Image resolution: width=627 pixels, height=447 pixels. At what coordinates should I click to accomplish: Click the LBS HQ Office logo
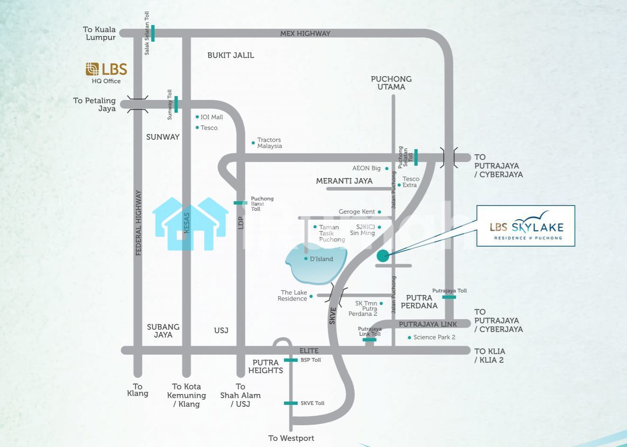coord(106,70)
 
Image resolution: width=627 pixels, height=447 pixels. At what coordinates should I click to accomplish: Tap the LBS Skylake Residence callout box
coord(526,226)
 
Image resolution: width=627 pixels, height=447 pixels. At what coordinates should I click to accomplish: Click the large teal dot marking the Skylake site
coord(382,256)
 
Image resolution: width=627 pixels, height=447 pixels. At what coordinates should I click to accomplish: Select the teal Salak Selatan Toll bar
coord(153,33)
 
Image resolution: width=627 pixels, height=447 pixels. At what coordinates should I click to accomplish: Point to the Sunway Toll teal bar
coord(176,104)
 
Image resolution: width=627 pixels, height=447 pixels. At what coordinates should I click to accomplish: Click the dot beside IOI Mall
coord(197,117)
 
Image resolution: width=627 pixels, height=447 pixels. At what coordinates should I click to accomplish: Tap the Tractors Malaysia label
coord(269,143)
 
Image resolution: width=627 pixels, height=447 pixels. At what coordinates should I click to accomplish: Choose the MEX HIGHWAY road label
coord(305,34)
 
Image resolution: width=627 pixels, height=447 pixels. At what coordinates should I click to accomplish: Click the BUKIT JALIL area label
coord(230,55)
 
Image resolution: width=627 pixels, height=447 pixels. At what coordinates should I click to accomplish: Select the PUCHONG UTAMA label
coord(391,83)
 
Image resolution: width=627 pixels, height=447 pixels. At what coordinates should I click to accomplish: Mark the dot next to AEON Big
coord(387,169)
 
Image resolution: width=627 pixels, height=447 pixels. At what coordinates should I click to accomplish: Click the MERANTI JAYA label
coord(344,181)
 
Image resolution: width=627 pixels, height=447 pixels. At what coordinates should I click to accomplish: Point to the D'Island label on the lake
coord(321,259)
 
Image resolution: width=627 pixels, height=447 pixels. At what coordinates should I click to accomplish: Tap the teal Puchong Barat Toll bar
coord(240,203)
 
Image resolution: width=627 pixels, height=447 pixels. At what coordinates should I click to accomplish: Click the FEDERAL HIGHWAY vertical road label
coord(138,223)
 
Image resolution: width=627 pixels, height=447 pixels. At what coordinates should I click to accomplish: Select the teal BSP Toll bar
coord(291,360)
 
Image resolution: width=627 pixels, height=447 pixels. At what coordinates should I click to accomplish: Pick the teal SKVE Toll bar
coord(291,403)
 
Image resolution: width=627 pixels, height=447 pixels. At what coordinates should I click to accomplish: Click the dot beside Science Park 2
coord(409,338)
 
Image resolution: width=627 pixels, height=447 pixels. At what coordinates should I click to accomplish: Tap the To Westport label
coord(291,438)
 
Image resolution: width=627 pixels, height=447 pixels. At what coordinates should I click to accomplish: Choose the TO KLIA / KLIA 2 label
coord(490,356)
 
